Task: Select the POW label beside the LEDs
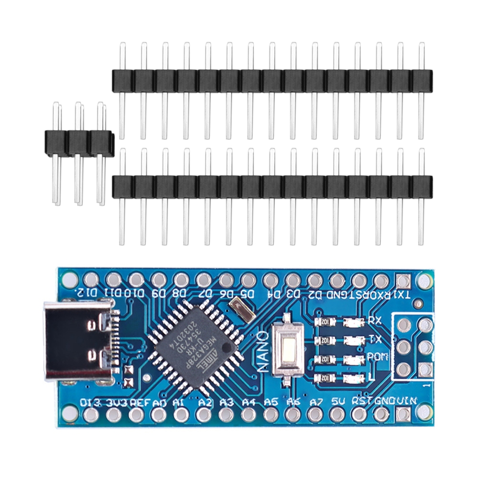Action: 376,355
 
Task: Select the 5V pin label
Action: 338,402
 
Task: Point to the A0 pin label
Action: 161,402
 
